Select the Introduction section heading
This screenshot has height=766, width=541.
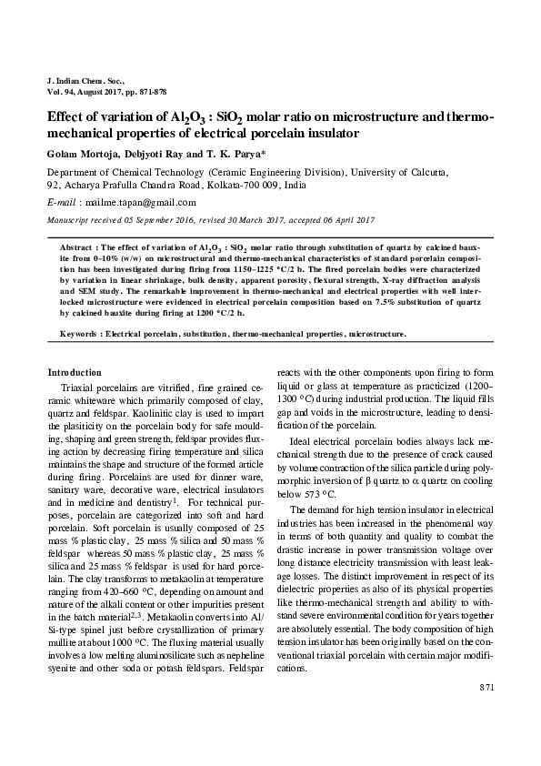point(75,373)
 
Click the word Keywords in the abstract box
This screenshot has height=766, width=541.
point(78,334)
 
